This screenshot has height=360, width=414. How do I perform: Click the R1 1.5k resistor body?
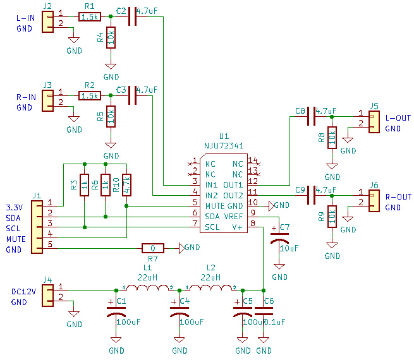[x=89, y=18]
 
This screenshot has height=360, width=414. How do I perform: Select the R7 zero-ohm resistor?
[x=152, y=248]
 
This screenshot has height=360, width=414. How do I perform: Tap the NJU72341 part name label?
[x=224, y=145]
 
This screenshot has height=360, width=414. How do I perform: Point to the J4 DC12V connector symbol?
[x=48, y=295]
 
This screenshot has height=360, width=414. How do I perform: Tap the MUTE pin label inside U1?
[x=217, y=206]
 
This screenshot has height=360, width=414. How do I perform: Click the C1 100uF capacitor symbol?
[x=116, y=312]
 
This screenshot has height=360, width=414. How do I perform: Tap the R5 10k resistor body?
[x=111, y=116]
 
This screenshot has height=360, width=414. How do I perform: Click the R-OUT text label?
[x=398, y=197]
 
